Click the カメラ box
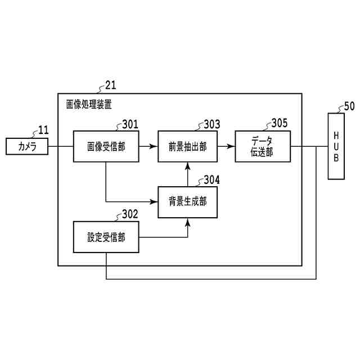tap(27, 147)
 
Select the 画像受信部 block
tap(106, 146)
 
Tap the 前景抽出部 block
tap(187, 146)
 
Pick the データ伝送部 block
tap(263, 146)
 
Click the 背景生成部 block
tap(187, 201)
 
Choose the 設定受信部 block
tap(106, 237)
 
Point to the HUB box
tap(336, 146)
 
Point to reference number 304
tap(211, 180)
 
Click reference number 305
tap(279, 123)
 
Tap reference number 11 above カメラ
tap(43, 131)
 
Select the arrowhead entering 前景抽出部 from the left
tap(154, 146)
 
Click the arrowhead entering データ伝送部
tap(232, 146)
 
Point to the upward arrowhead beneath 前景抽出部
tap(187, 165)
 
